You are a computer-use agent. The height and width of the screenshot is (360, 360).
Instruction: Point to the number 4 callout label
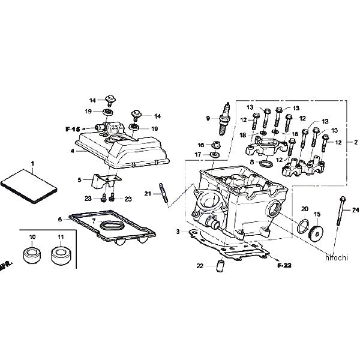pos(72,151)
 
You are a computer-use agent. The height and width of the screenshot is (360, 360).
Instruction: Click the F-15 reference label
pos(73,129)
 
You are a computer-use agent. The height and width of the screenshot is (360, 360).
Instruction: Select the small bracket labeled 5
pos(102,180)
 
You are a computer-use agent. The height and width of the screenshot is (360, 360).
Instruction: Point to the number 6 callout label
pos(60,219)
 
